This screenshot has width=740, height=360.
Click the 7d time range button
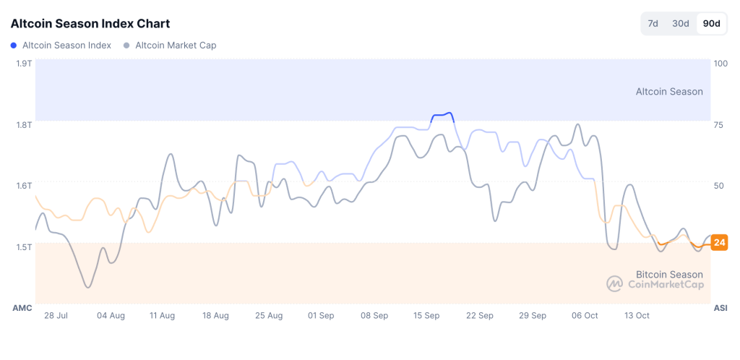tap(653, 23)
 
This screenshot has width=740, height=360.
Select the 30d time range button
tap(681, 23)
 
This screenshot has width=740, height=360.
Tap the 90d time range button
tap(711, 23)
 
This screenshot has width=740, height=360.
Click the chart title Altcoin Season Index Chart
tap(90, 23)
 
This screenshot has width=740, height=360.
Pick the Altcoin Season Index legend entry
tap(61, 46)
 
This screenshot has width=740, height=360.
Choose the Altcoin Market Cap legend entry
tap(171, 46)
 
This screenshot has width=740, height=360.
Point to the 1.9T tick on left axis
tap(24, 64)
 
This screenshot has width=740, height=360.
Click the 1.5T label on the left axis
tap(24, 247)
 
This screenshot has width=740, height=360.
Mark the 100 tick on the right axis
tap(720, 64)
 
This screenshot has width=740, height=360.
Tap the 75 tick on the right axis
tap(718, 124)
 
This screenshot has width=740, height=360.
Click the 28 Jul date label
tap(56, 316)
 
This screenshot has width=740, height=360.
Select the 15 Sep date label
tap(426, 316)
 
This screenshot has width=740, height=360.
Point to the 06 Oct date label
tap(585, 316)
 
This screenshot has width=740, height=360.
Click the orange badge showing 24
tap(719, 242)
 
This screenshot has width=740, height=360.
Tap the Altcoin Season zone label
tap(668, 92)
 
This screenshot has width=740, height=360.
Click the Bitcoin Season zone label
tap(668, 275)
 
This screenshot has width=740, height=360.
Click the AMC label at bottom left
tap(22, 308)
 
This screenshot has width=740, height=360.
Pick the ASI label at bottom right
tap(720, 308)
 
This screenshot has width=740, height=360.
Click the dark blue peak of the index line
tap(442, 114)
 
